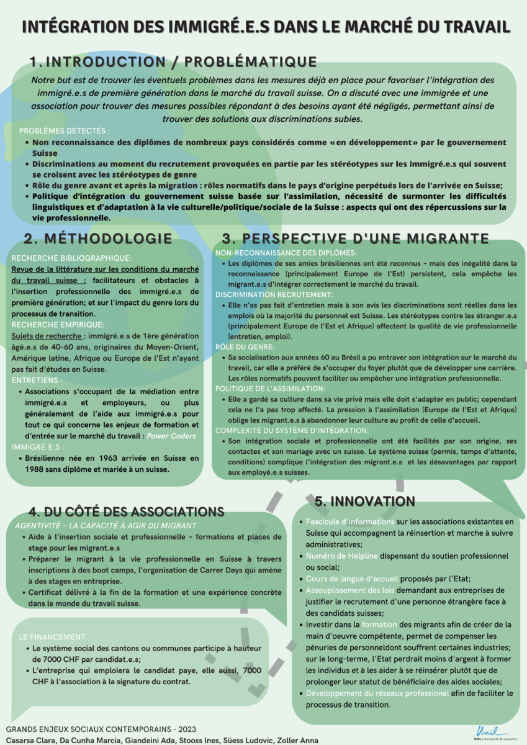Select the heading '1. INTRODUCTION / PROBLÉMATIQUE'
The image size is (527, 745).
pyautogui.click(x=174, y=62)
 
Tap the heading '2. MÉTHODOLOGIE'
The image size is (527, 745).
pyautogui.click(x=98, y=239)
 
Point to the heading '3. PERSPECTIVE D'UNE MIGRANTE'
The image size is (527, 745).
pyautogui.click(x=356, y=239)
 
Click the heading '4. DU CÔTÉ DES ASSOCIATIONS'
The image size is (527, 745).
pyautogui.click(x=126, y=512)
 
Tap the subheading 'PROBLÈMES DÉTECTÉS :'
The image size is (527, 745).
pyautogui.click(x=65, y=131)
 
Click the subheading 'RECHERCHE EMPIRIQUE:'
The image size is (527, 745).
pyautogui.click(x=58, y=324)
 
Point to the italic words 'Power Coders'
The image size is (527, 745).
pyautogui.click(x=171, y=436)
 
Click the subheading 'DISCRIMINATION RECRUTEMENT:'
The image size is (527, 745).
pyautogui.click(x=274, y=294)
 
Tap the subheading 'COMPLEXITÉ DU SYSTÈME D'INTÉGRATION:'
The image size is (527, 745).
pyautogui.click(x=292, y=430)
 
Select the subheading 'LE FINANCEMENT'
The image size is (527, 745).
pyautogui.click(x=52, y=637)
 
